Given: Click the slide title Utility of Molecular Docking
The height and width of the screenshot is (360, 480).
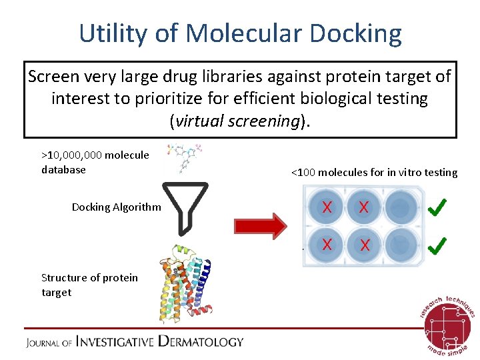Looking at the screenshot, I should tap(240, 33).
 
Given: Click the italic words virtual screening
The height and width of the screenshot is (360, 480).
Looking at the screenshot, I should tap(230, 121).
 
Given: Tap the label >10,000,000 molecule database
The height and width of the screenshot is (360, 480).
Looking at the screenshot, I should tap(95, 162).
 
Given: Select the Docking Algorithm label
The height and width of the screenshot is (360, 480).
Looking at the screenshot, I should tap(116, 207).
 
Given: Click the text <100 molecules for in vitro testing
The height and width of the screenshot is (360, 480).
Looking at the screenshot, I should tap(374, 173).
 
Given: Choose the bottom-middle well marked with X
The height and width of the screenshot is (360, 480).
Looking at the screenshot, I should tap(363, 245).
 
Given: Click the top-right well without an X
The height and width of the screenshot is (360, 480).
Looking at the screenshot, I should tap(400, 207).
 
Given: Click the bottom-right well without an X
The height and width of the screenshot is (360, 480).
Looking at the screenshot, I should tap(400, 245).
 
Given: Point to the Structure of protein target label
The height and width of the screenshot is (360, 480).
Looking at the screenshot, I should tap(89, 285).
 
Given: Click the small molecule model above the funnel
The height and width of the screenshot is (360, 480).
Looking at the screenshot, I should tap(185, 157).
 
